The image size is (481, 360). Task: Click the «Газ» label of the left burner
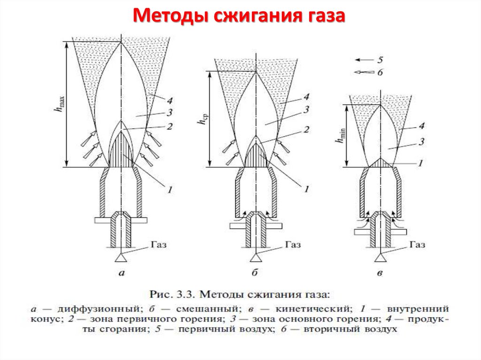pos(159,245)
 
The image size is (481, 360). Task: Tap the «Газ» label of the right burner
pos(417,245)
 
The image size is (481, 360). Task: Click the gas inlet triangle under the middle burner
pos(256,257)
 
